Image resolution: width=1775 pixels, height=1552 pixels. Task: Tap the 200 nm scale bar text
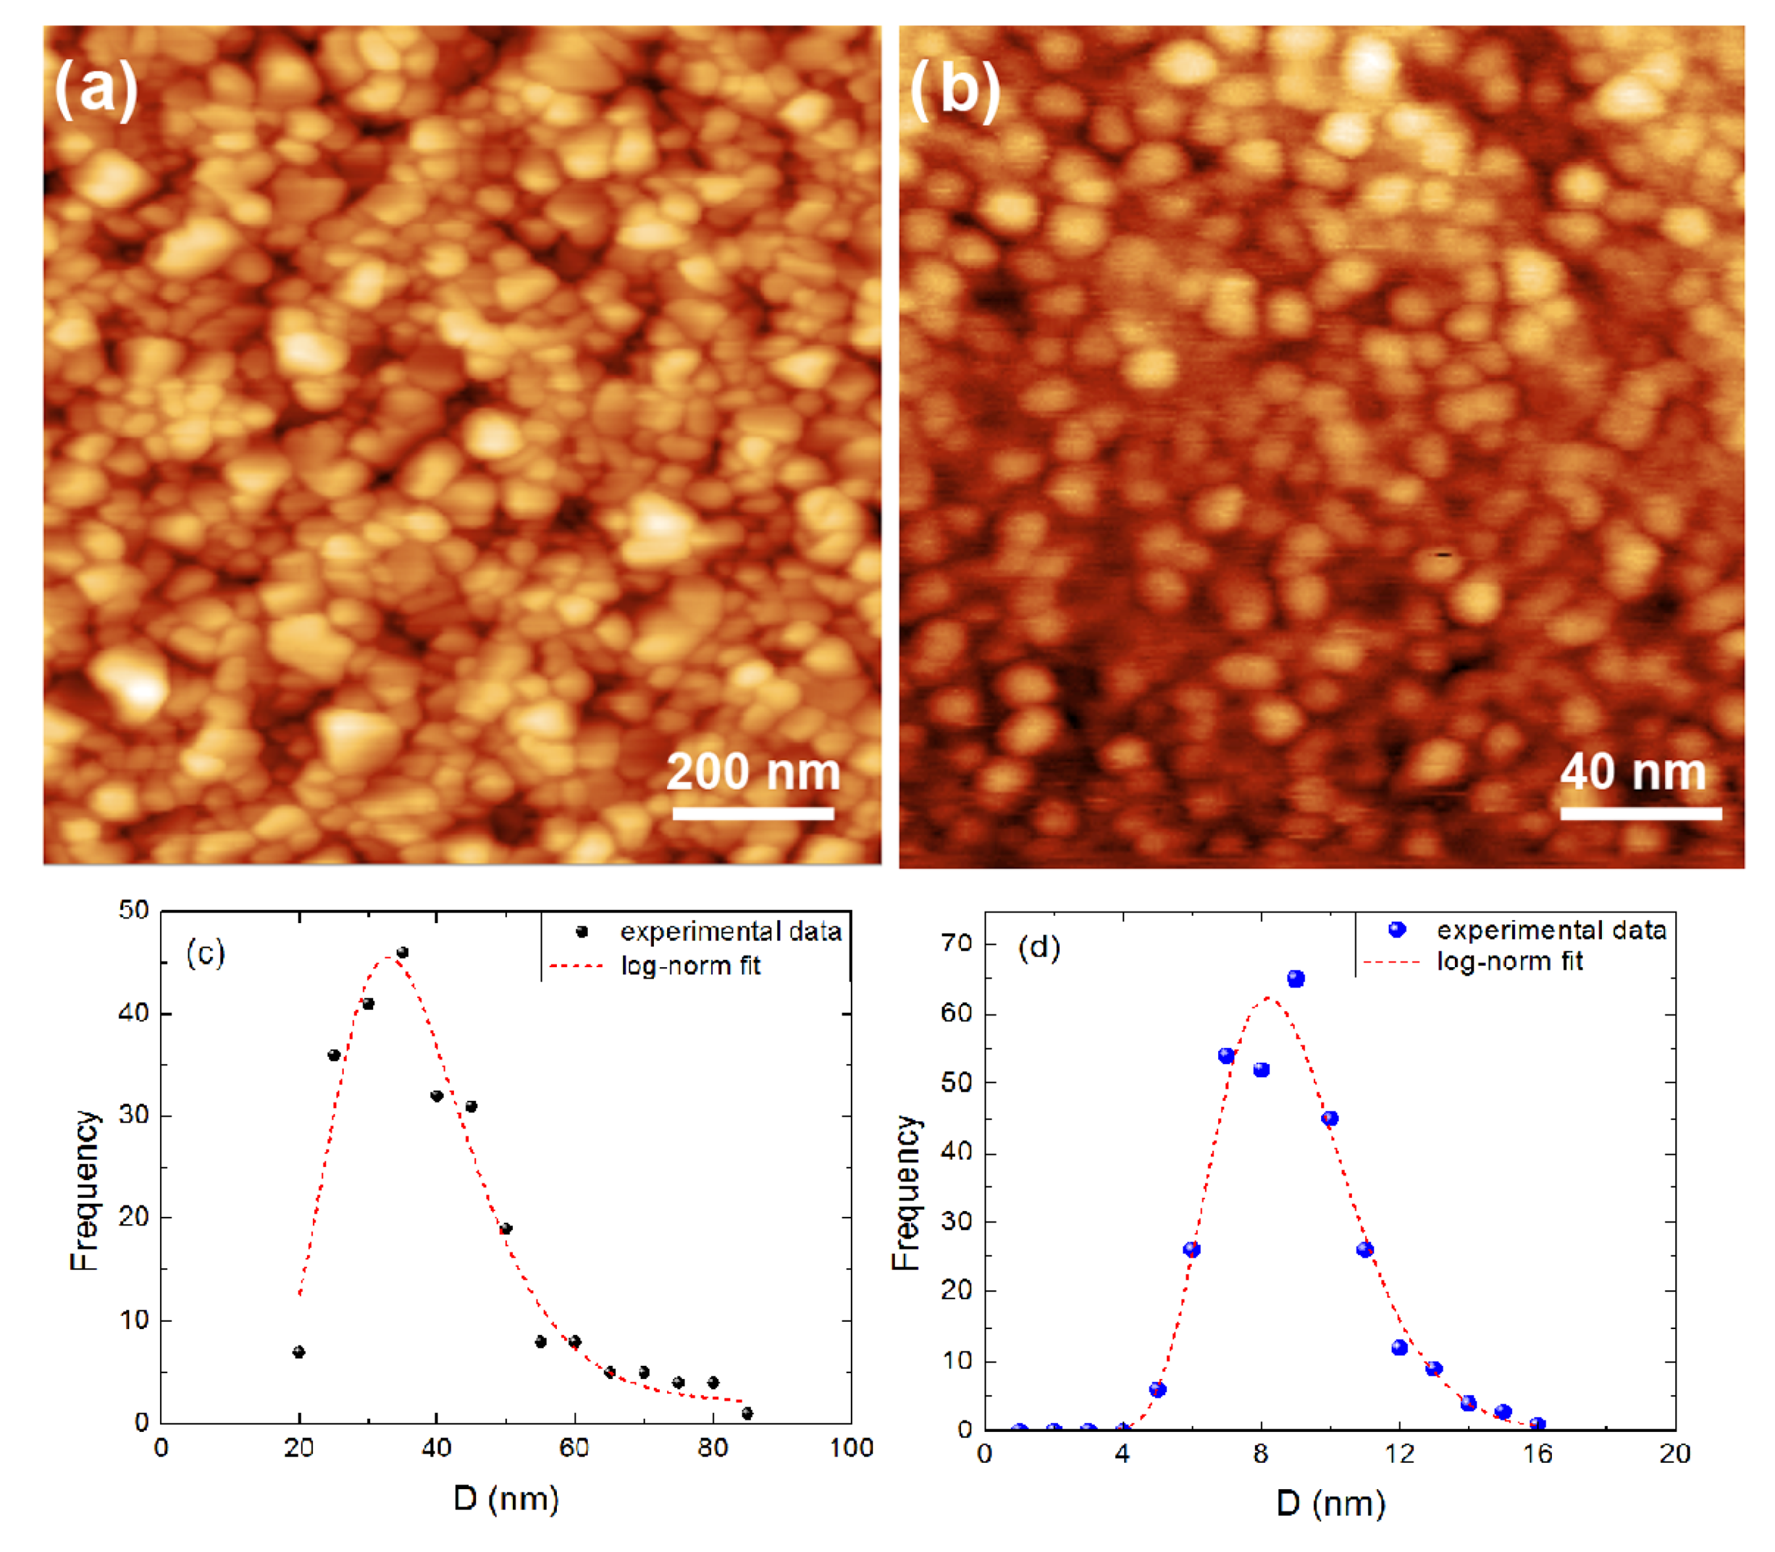(753, 772)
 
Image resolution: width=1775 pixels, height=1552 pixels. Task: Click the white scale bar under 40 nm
(1640, 812)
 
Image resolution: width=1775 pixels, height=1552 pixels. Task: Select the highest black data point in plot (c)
(402, 953)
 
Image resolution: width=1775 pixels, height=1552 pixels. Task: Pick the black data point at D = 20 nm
(299, 1352)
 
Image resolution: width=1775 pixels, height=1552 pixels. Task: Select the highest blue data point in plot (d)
(1295, 979)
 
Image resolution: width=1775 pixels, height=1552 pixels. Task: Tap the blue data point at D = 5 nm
(1157, 1389)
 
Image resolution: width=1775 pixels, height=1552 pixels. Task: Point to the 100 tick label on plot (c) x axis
(851, 1448)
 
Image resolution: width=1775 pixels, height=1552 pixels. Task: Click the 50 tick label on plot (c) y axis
(134, 910)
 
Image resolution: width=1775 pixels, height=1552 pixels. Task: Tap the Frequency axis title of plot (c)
(84, 1191)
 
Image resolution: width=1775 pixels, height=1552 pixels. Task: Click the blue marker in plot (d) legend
(1397, 929)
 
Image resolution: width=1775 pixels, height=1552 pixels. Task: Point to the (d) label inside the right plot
(1038, 947)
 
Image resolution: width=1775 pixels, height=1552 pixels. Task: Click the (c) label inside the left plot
(205, 953)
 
